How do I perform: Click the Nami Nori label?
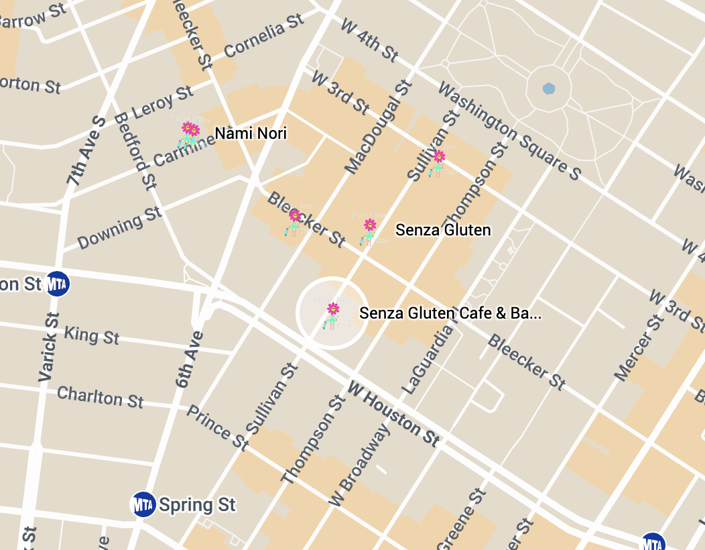(x=251, y=133)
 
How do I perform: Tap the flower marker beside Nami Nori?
(x=190, y=132)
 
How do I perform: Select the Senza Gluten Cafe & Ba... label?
(x=450, y=313)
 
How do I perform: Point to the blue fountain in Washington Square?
(x=549, y=89)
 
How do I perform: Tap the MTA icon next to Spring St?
(x=143, y=504)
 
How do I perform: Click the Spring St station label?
(x=197, y=504)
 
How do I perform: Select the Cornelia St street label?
(x=264, y=38)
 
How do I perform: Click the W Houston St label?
(x=394, y=414)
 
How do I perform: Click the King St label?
(x=91, y=334)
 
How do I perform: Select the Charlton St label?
(x=101, y=396)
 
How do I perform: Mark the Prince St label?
(x=217, y=427)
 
